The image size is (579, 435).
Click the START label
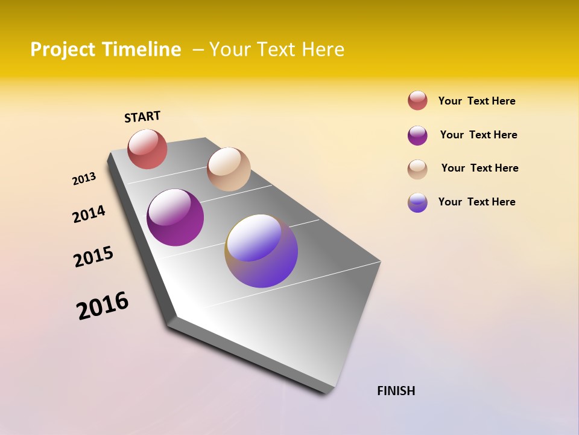(x=142, y=117)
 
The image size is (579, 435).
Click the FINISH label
(x=396, y=391)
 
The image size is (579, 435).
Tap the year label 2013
(x=84, y=179)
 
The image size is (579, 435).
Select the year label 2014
(x=89, y=214)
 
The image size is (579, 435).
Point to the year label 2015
(x=93, y=257)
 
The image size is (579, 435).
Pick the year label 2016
(x=103, y=306)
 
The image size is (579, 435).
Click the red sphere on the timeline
(x=147, y=149)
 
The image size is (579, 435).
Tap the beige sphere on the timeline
(x=229, y=169)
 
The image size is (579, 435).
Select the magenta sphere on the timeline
(x=175, y=217)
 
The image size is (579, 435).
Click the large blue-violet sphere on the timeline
(x=261, y=251)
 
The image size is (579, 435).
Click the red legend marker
(x=417, y=100)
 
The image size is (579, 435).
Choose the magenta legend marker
(x=417, y=135)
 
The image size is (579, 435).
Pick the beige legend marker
(x=417, y=169)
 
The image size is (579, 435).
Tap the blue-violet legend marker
(x=417, y=202)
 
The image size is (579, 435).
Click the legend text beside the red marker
(x=476, y=101)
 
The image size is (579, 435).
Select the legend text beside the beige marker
(x=479, y=168)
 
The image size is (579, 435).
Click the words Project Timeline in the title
(x=106, y=50)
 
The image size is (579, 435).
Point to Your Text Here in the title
(x=276, y=50)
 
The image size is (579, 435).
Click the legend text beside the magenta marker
(x=478, y=135)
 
